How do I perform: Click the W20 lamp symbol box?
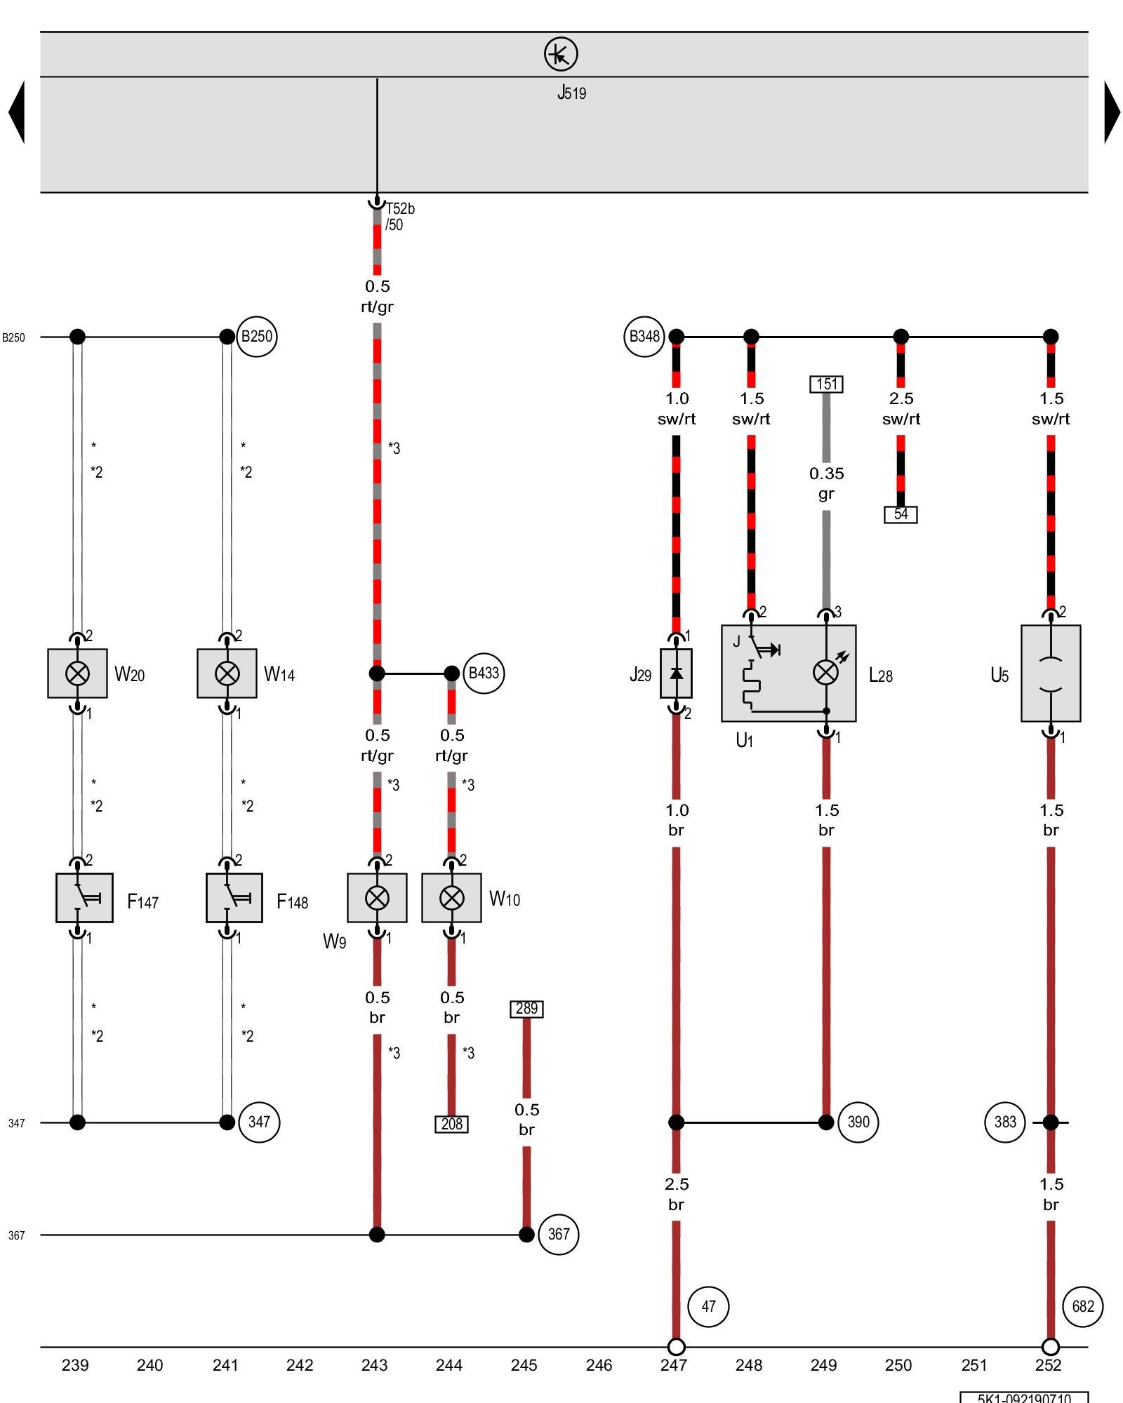(77, 673)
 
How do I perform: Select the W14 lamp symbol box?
(227, 673)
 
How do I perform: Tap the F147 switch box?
(84, 898)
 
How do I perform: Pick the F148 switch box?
(234, 898)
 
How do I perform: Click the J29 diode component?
(676, 673)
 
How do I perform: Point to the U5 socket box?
(1050, 673)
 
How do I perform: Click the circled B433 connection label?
(484, 673)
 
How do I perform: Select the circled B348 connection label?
(644, 337)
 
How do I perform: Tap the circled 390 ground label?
(858, 1122)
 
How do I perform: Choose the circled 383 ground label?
(1004, 1122)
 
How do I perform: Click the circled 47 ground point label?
(708, 1306)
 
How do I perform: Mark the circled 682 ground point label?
(1082, 1306)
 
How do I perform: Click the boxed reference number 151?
(826, 384)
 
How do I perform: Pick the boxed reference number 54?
(901, 514)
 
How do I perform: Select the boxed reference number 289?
(526, 1009)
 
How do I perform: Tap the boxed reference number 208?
(451, 1124)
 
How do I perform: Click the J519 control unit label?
(571, 93)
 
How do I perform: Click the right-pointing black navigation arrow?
(1112, 112)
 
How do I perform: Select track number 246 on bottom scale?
(599, 1365)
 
